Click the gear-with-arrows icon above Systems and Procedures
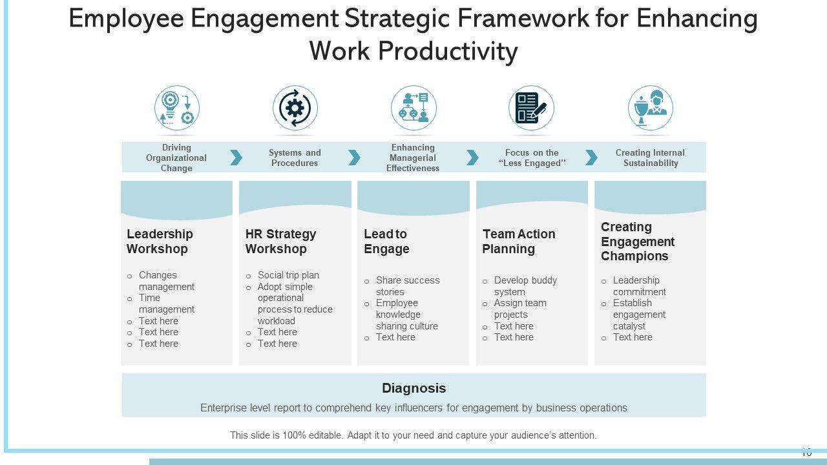point(295,108)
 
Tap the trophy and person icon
point(650,108)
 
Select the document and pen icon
point(531,108)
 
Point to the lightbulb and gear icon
point(176,108)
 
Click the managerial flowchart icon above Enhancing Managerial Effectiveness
point(413,108)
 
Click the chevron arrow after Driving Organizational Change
point(236,158)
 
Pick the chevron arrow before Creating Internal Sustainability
point(591,158)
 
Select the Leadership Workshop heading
point(160,241)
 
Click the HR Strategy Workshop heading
point(280,241)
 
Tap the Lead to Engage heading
point(386,241)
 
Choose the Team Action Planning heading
point(518,241)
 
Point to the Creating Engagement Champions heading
point(637,242)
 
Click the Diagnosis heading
point(413,388)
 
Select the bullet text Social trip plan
point(288,275)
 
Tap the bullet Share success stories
point(407,286)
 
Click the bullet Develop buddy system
point(525,286)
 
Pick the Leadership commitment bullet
point(638,286)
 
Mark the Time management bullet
point(166,304)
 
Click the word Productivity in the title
point(447,51)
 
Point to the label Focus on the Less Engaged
point(532,158)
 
